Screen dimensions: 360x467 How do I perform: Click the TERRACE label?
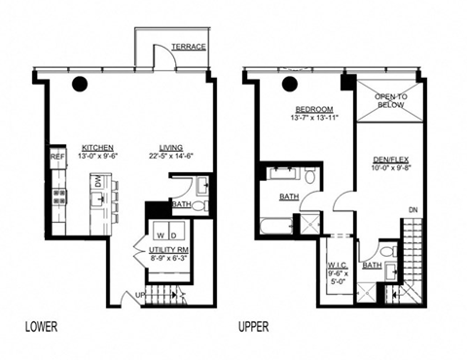[188, 47]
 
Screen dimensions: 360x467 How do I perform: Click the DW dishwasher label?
[98, 181]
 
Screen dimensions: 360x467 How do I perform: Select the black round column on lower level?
[80, 84]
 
